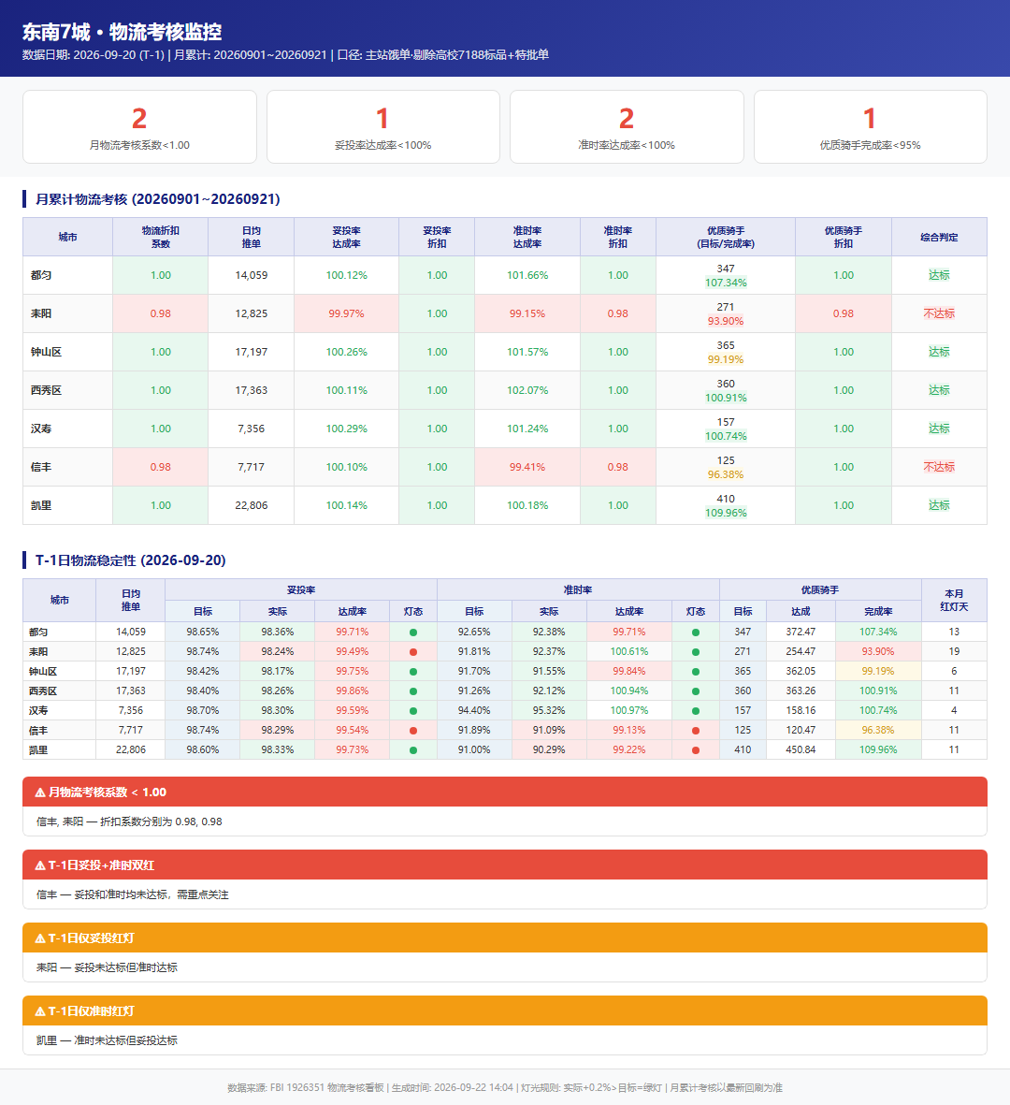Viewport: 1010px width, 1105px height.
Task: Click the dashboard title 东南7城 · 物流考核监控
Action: tap(122, 32)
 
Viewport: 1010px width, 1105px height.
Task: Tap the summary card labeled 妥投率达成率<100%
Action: tap(383, 127)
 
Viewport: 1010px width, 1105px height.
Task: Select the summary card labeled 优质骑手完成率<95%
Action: tap(870, 127)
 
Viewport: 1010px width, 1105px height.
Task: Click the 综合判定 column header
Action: tap(939, 238)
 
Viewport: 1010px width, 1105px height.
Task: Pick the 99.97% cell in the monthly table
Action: tap(347, 313)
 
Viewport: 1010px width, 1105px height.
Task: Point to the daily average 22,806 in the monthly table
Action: tap(252, 505)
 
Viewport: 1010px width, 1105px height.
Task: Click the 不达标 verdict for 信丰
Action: tap(939, 467)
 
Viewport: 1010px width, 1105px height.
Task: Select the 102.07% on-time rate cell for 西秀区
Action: tap(527, 390)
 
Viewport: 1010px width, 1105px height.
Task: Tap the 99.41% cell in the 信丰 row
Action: tap(527, 467)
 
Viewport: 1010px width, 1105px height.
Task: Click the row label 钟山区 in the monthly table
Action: tap(46, 352)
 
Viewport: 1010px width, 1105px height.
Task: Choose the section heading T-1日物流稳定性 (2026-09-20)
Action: tap(130, 560)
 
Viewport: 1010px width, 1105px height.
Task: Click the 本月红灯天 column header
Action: tap(954, 600)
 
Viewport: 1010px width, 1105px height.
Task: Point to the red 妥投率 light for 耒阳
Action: tap(413, 652)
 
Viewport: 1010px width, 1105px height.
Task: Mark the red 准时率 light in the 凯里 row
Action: tap(696, 749)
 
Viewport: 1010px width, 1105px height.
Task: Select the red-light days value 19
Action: tap(954, 651)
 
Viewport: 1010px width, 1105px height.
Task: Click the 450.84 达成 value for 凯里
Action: tap(801, 749)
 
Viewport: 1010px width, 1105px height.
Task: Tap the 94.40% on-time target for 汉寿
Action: tap(474, 710)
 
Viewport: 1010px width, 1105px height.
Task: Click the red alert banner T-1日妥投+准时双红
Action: tap(505, 865)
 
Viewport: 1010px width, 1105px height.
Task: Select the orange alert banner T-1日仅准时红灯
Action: tap(505, 1010)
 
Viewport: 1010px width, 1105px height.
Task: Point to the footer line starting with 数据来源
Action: tap(505, 1087)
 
